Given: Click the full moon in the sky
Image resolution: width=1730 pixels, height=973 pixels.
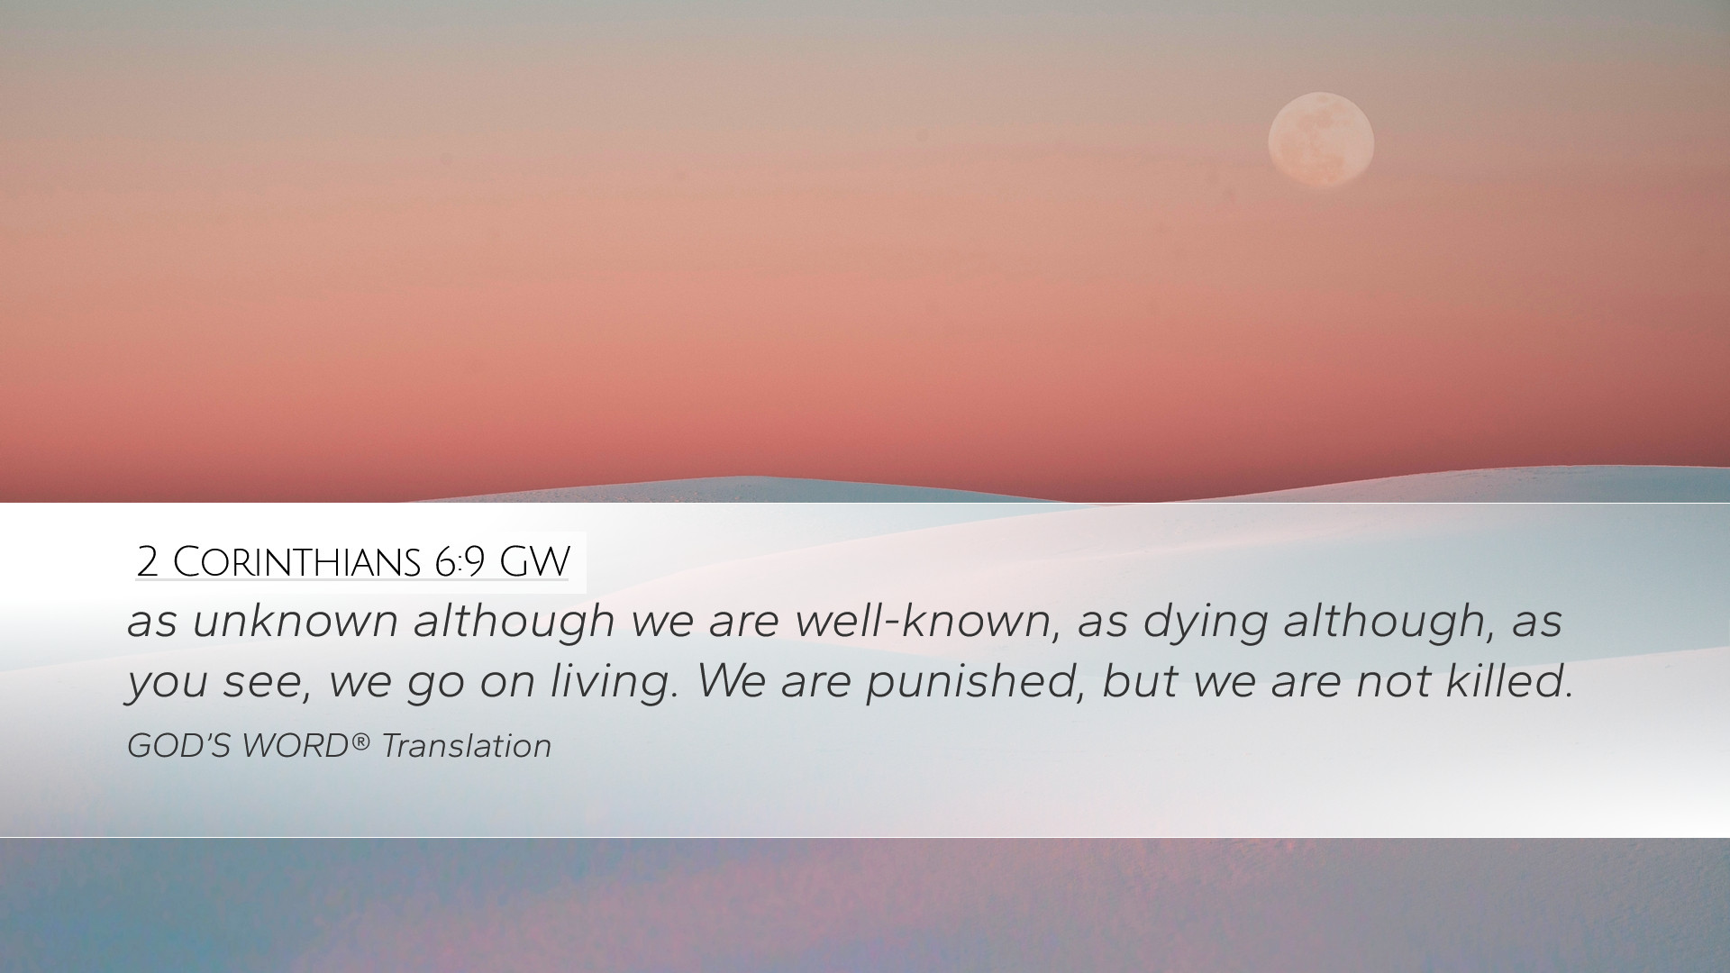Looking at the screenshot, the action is tap(1321, 140).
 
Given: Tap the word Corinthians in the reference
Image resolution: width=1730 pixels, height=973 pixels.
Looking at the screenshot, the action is tap(296, 562).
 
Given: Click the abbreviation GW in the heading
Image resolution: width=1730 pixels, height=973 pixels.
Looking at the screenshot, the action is tap(534, 562).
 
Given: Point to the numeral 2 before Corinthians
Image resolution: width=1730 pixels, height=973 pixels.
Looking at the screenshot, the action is tap(148, 562).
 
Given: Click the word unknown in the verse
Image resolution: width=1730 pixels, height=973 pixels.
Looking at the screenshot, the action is tap(296, 621).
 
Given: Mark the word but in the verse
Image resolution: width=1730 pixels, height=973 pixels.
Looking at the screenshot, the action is tap(1140, 681).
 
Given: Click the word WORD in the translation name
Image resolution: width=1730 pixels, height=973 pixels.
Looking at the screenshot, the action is tap(295, 746).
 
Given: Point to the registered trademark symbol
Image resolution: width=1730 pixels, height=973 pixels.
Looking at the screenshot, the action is tap(360, 741).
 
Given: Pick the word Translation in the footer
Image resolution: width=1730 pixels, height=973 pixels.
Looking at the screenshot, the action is tap(466, 746).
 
